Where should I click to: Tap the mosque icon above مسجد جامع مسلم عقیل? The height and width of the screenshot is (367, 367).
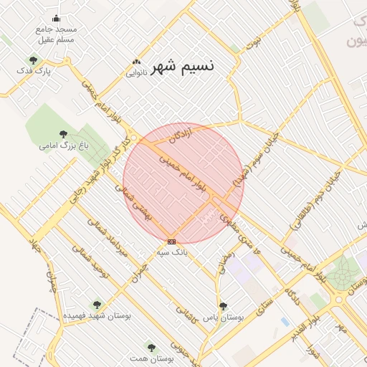click(x=57, y=19)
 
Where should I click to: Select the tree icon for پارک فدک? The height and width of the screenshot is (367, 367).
click(x=33, y=61)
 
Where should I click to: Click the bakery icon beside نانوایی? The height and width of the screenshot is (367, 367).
click(x=136, y=62)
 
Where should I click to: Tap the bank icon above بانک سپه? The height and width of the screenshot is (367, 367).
click(x=171, y=242)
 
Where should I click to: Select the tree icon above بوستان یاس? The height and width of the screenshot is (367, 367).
click(x=222, y=306)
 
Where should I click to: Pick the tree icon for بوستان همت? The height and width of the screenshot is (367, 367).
click(x=150, y=347)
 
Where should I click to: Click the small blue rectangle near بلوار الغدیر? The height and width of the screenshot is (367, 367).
click(x=285, y=321)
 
